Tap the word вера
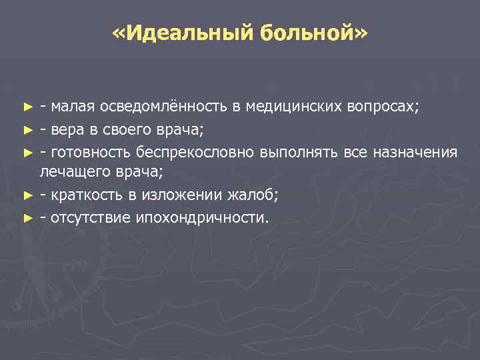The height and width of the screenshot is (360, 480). (x=66, y=129)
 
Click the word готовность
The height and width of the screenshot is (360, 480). (x=85, y=153)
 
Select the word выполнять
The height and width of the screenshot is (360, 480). (x=299, y=153)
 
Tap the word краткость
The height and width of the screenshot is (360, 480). (x=84, y=195)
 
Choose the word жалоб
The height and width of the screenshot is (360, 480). (x=253, y=195)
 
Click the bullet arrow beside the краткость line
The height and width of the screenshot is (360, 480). (x=27, y=195)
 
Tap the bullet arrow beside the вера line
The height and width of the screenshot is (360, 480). (x=27, y=130)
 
